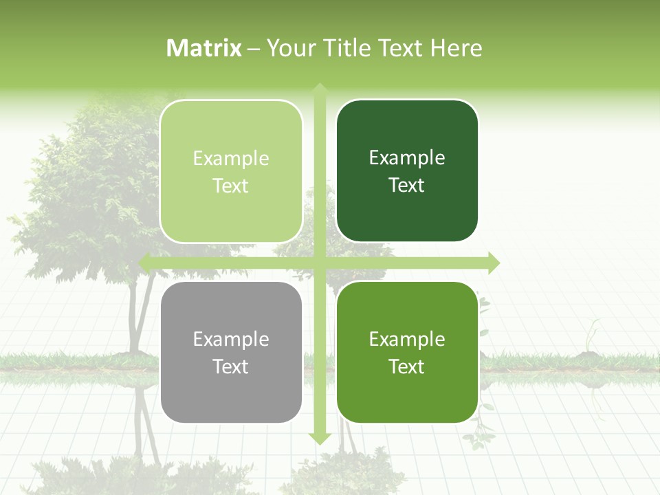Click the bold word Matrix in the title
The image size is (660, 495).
204,48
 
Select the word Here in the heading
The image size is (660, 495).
456,48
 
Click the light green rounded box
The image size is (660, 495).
231,171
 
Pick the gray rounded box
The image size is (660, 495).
231,352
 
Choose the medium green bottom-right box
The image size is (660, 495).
407,352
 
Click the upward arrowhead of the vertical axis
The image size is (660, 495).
320,89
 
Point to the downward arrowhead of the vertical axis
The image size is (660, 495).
320,438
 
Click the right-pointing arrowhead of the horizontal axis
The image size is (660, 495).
493,263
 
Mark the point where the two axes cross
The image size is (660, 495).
320,263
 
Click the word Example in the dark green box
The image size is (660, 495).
407,157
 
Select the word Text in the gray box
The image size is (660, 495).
231,366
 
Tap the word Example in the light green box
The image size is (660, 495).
231,158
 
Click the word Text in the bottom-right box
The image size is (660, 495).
407,366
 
